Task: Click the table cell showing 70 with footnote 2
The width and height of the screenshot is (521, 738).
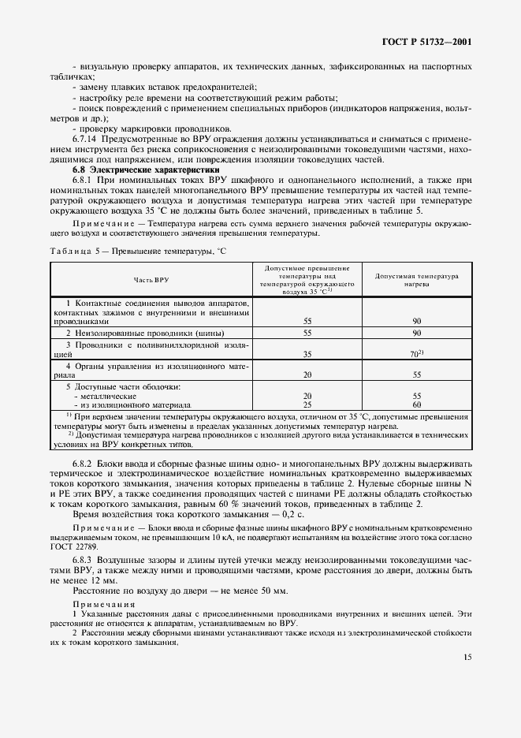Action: (418, 355)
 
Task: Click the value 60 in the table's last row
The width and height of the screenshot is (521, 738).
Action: (417, 404)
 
